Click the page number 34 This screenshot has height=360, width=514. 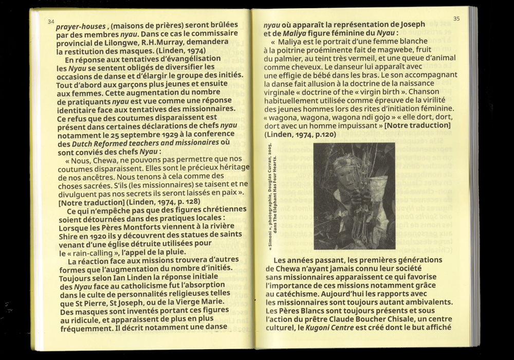(x=50, y=22)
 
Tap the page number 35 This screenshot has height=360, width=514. (x=457, y=19)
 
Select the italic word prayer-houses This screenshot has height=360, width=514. (x=81, y=24)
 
